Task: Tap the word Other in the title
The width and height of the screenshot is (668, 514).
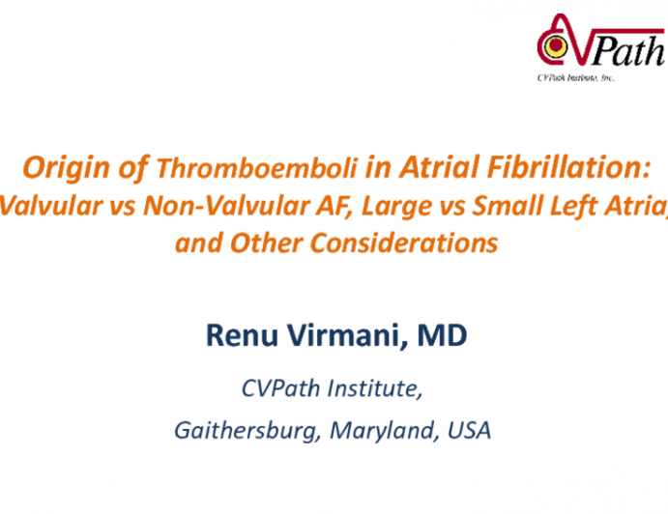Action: pyautogui.click(x=265, y=243)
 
